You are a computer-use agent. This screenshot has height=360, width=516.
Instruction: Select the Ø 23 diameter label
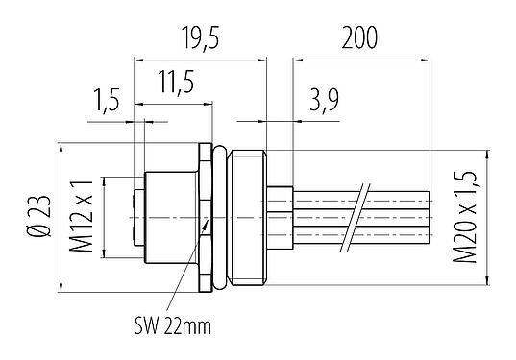(x=37, y=218)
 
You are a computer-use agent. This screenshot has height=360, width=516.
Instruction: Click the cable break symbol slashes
(x=360, y=219)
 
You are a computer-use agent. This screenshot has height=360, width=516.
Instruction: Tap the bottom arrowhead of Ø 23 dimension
(x=60, y=285)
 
